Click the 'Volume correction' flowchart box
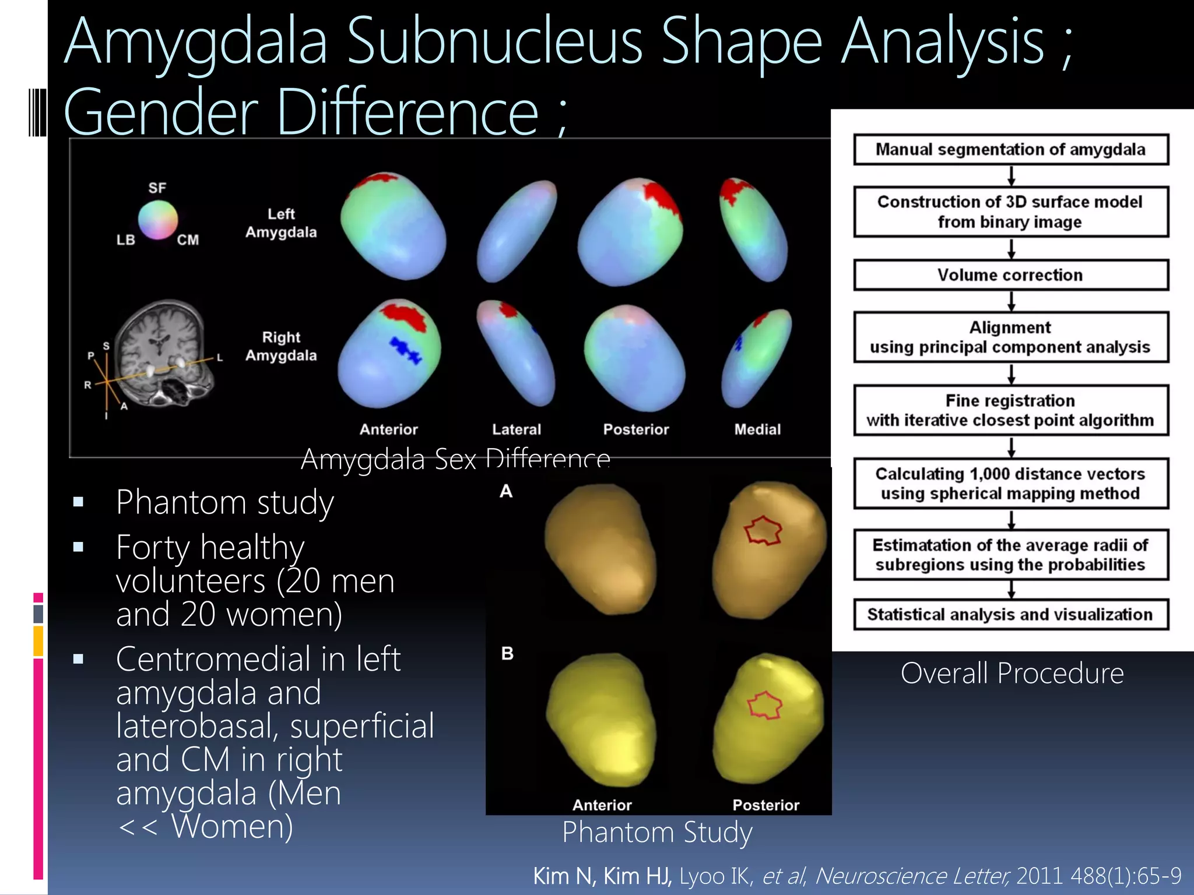click(1010, 275)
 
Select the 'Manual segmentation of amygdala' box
click(1010, 150)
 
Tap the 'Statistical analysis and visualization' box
click(1010, 615)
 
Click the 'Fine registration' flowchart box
click(1010, 410)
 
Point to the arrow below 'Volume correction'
click(1012, 301)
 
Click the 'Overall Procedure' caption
click(1012, 674)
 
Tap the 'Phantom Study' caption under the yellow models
click(657, 832)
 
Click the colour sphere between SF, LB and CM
click(157, 220)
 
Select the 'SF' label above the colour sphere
click(157, 188)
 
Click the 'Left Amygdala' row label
click(281, 223)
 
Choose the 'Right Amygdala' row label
click(281, 346)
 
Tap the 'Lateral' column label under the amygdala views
click(517, 429)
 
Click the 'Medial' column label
click(757, 429)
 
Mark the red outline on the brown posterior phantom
click(764, 530)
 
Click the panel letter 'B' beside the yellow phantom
click(507, 654)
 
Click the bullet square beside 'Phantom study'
click(79, 502)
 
